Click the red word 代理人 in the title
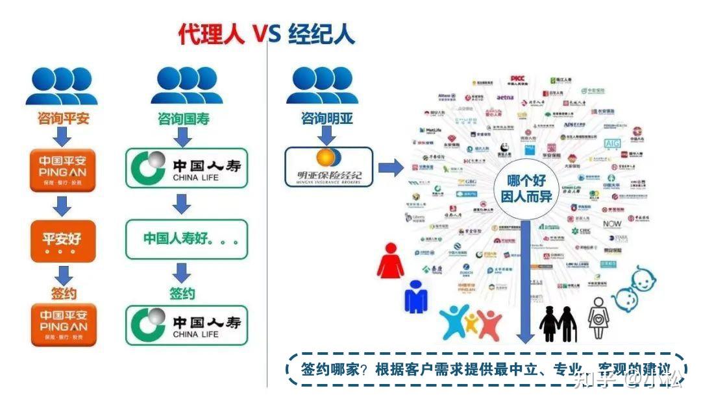pyautogui.click(x=212, y=33)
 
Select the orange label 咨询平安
pyautogui.click(x=63, y=119)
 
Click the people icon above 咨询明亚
pyautogui.click(x=322, y=86)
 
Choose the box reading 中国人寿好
pyautogui.click(x=186, y=239)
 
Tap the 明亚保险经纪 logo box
pyautogui.click(x=329, y=167)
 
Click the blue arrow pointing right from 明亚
pyautogui.click(x=390, y=168)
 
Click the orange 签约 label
pyautogui.click(x=63, y=294)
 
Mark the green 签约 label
pyautogui.click(x=182, y=294)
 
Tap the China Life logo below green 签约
pyautogui.click(x=186, y=326)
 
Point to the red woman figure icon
pyautogui.click(x=390, y=261)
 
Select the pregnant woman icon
pyautogui.click(x=598, y=319)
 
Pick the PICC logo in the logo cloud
pyautogui.click(x=517, y=80)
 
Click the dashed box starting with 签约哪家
pyautogui.click(x=487, y=370)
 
